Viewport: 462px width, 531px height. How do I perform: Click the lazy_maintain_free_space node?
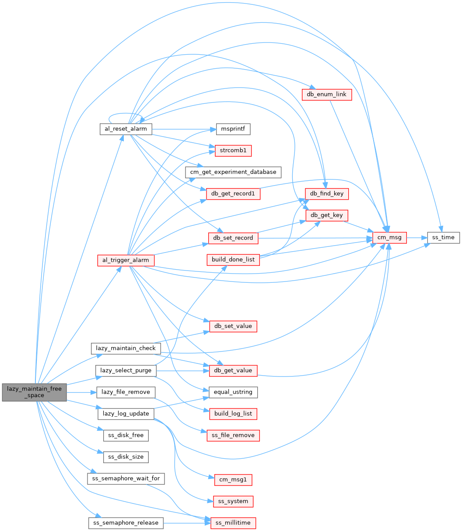[x=34, y=392]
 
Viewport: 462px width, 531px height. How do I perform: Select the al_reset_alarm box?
[x=126, y=129]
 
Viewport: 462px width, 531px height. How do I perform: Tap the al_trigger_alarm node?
[x=126, y=260]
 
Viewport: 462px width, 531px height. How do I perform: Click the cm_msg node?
[x=389, y=238]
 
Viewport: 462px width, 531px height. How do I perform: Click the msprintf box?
[x=233, y=129]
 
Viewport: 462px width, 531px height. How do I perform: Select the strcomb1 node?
[x=233, y=151]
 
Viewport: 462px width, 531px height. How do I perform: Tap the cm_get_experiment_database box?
[x=233, y=172]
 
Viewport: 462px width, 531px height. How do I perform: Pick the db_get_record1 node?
[x=233, y=193]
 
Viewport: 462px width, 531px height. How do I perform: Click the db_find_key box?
[x=327, y=193]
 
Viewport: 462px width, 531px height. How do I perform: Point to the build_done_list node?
[x=233, y=260]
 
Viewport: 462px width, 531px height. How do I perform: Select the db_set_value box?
[x=233, y=326]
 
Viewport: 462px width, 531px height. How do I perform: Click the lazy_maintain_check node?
[x=126, y=348]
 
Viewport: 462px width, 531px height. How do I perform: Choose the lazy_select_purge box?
[x=126, y=370]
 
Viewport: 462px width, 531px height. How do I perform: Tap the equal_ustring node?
[x=233, y=392]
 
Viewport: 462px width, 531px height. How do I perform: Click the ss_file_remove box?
[x=233, y=436]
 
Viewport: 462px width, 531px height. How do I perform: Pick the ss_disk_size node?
[x=126, y=457]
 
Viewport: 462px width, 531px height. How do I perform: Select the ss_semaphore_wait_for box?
[x=126, y=478]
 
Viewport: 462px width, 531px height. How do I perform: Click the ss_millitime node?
[x=233, y=523]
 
